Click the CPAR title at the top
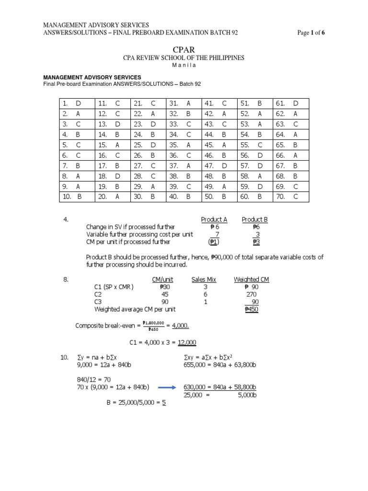point(184,48)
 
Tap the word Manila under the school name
point(184,66)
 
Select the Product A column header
point(214,220)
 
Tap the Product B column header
point(254,220)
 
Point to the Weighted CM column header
point(251,280)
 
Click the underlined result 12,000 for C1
point(187,342)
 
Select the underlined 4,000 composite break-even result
point(180,326)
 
